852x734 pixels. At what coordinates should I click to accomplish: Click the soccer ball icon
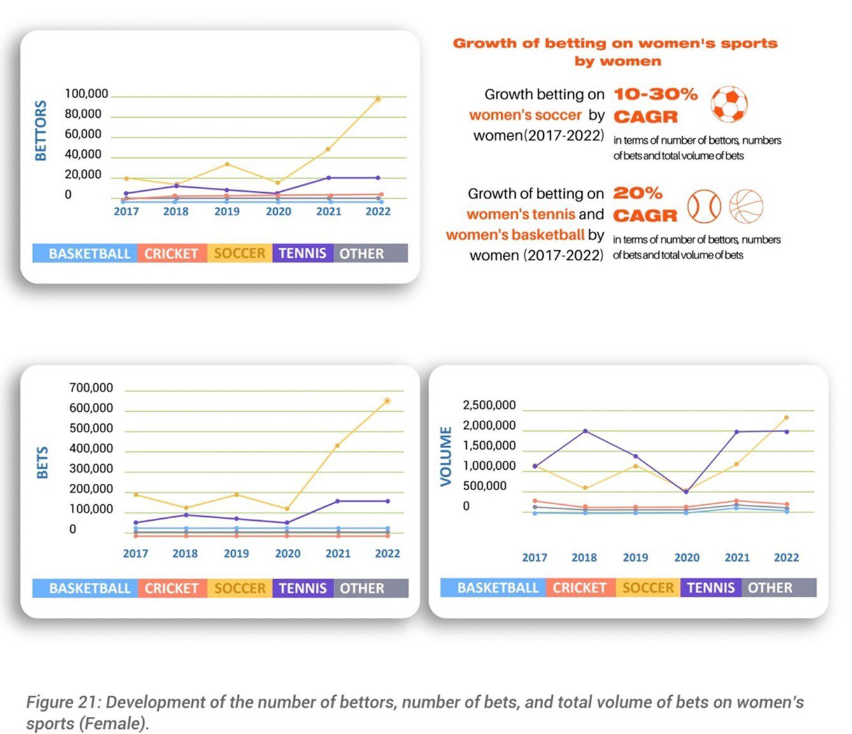[x=728, y=104]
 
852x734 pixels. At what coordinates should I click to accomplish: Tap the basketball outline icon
[x=746, y=206]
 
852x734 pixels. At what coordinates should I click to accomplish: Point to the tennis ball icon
[x=704, y=206]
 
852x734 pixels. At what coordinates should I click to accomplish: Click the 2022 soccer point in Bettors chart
[x=378, y=99]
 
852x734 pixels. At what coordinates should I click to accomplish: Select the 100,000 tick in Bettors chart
[x=87, y=94]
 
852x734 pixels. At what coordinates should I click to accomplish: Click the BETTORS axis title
[x=41, y=131]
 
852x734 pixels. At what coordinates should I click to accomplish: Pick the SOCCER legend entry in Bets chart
[x=239, y=588]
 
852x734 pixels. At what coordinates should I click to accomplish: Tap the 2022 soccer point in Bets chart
[x=387, y=401]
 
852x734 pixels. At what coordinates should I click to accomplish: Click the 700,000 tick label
[x=91, y=388]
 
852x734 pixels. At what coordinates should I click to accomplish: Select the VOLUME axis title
[x=446, y=456]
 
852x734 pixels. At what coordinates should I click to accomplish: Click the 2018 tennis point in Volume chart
[x=585, y=431]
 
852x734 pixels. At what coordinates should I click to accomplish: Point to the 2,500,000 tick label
[x=489, y=405]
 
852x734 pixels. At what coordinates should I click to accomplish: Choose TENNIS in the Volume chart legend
[x=711, y=588]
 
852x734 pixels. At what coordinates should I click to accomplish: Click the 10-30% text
[x=656, y=94]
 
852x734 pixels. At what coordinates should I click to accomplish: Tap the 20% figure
[x=637, y=193]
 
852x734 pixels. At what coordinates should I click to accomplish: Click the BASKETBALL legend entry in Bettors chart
[x=89, y=253]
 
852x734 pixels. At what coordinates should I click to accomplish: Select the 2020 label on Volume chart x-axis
[x=686, y=558]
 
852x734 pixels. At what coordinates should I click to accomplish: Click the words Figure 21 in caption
[x=62, y=702]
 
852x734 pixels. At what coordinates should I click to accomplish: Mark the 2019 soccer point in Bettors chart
[x=227, y=164]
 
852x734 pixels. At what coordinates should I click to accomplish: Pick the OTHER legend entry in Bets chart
[x=362, y=588]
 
